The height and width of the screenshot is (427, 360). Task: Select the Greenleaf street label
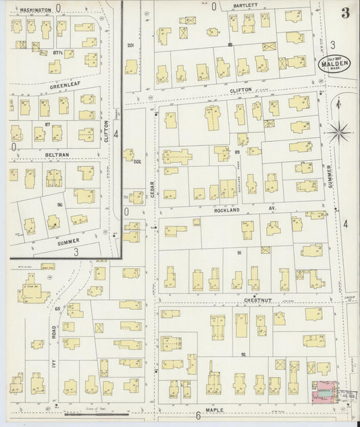click(x=64, y=86)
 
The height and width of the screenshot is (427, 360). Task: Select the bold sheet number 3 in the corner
click(x=346, y=12)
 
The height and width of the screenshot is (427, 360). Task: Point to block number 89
click(x=238, y=153)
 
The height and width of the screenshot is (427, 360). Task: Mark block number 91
click(x=240, y=253)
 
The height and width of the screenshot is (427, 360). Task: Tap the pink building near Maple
click(x=323, y=390)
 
